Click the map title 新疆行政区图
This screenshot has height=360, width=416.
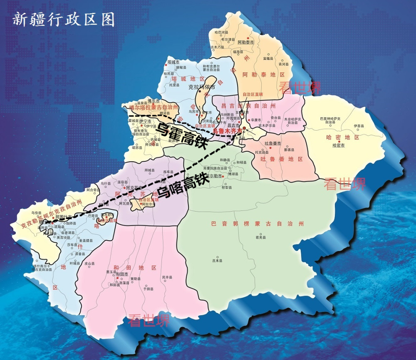(63, 20)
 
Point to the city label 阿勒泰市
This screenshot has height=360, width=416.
(245, 42)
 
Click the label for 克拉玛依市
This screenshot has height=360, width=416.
(202, 87)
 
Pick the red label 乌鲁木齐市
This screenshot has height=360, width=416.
(227, 130)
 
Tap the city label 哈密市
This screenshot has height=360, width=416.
(339, 145)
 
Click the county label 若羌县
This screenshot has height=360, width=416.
(260, 237)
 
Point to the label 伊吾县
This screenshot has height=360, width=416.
(359, 126)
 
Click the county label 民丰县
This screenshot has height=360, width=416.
(167, 277)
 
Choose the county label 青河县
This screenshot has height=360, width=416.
(283, 64)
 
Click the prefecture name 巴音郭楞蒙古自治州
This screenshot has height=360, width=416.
(258, 224)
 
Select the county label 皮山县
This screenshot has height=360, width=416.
(90, 263)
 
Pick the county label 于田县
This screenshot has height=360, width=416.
(149, 288)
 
